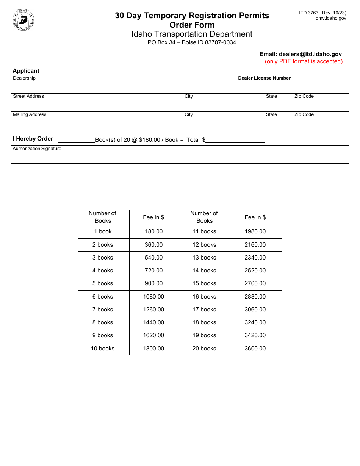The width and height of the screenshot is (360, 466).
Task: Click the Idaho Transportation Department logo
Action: point(24,20)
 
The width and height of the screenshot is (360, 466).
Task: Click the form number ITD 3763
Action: point(308,13)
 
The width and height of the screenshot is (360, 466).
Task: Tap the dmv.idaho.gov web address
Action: point(330,18)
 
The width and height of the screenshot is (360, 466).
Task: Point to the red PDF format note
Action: point(304,61)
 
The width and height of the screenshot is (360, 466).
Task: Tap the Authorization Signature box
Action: point(180,156)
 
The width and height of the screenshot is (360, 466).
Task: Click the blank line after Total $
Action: point(235,140)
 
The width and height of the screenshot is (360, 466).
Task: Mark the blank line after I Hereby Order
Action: point(76,140)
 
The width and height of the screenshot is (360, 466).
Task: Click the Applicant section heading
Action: point(26,71)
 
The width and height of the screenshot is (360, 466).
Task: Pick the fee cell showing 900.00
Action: point(154,283)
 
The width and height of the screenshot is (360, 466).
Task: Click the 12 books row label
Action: point(204,245)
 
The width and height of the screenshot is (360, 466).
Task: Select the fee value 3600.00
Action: point(255,349)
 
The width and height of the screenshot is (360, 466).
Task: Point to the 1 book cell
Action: point(103,231)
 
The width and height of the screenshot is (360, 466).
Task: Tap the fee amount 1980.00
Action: point(255,231)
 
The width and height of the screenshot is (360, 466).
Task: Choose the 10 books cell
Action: point(103,349)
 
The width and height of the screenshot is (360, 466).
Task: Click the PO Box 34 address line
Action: point(192,42)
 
